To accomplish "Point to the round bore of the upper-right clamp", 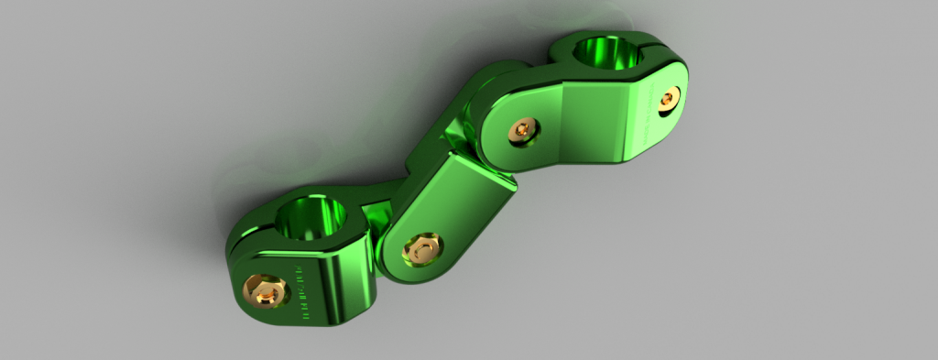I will pyautogui.click(x=608, y=54).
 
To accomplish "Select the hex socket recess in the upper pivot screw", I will pyautogui.click(x=523, y=130).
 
